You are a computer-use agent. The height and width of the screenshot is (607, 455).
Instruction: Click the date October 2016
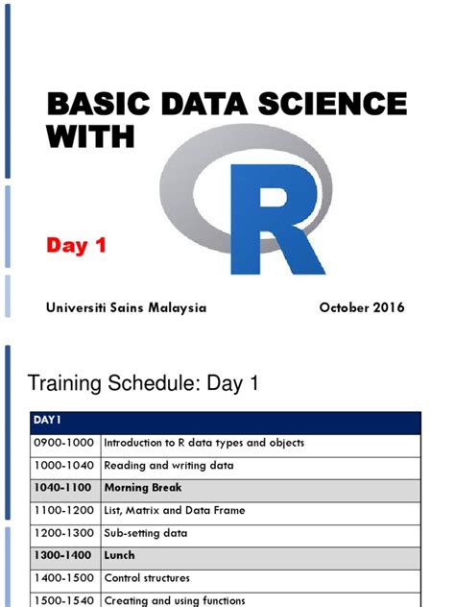pos(361,307)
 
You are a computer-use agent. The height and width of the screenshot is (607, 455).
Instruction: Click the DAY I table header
pos(48,421)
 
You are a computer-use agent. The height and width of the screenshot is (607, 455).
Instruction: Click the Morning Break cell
pos(147,488)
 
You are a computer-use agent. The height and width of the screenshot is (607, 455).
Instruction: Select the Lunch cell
pos(120,555)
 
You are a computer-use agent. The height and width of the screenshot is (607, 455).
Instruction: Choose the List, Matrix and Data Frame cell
pos(174,510)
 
